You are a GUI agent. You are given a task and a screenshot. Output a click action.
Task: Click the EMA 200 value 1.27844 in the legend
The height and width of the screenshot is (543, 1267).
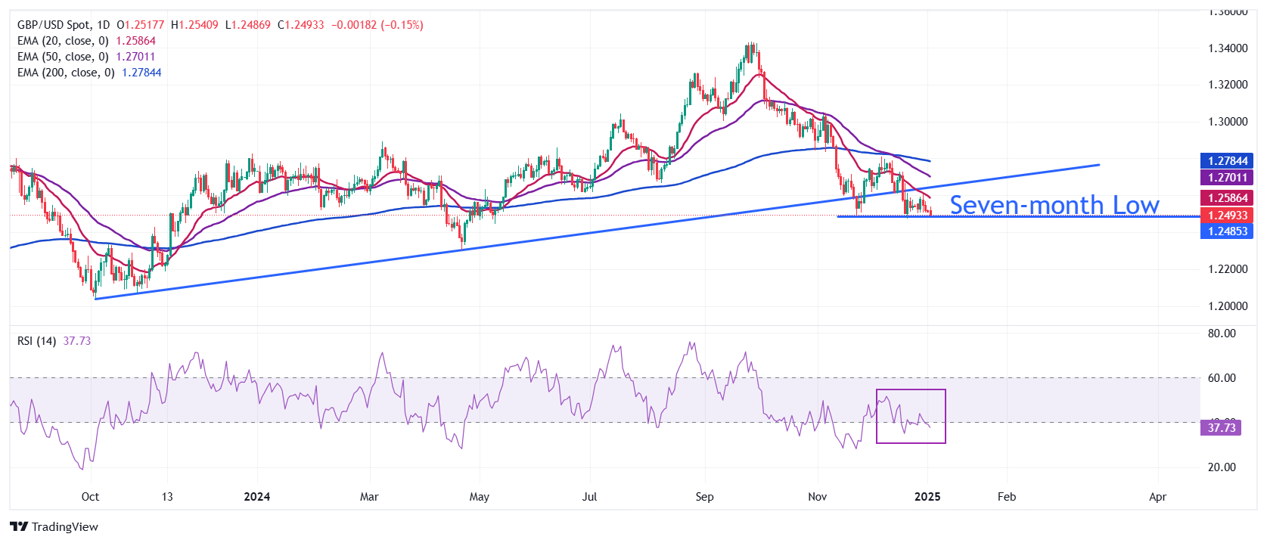pos(141,73)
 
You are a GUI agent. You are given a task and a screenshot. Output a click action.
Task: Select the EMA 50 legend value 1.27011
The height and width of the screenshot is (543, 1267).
pos(135,57)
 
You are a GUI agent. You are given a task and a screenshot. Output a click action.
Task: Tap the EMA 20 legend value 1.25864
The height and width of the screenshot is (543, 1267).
pos(135,41)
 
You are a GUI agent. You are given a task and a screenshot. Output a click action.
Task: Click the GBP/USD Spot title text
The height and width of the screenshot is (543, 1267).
pos(54,25)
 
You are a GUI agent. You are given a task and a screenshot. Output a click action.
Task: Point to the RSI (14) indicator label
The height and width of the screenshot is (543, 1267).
pos(37,341)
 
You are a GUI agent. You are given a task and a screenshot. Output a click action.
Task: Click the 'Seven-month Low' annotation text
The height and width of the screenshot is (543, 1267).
pos(1054,205)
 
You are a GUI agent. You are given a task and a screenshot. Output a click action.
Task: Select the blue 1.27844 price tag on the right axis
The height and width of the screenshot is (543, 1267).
pos(1226,161)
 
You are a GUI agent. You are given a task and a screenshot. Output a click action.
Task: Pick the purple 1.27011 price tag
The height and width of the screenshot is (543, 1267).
pos(1226,178)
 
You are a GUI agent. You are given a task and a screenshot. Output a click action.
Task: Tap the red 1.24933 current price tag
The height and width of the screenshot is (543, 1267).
pos(1226,215)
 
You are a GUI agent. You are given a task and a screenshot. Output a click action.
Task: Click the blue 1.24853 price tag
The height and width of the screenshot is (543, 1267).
pos(1226,231)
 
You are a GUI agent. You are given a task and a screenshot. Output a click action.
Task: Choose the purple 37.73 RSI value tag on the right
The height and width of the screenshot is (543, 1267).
pos(1221,427)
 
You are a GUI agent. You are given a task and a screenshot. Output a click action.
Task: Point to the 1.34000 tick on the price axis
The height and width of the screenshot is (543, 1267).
pos(1228,48)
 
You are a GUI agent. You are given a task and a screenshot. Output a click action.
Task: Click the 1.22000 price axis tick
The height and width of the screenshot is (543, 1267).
pos(1228,269)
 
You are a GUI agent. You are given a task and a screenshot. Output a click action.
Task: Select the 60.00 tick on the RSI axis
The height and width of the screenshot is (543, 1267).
pos(1222,378)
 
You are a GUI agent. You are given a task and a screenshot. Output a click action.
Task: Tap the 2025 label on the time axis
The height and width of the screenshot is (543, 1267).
pos(927,497)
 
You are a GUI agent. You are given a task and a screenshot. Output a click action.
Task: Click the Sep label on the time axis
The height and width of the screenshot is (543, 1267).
pos(704,497)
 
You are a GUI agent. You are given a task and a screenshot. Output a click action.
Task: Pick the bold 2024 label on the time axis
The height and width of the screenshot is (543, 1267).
pos(256,497)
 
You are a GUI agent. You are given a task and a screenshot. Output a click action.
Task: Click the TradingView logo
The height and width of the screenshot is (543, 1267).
pos(54,526)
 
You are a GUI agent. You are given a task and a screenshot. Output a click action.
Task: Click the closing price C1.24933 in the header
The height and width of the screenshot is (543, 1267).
pos(301,25)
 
